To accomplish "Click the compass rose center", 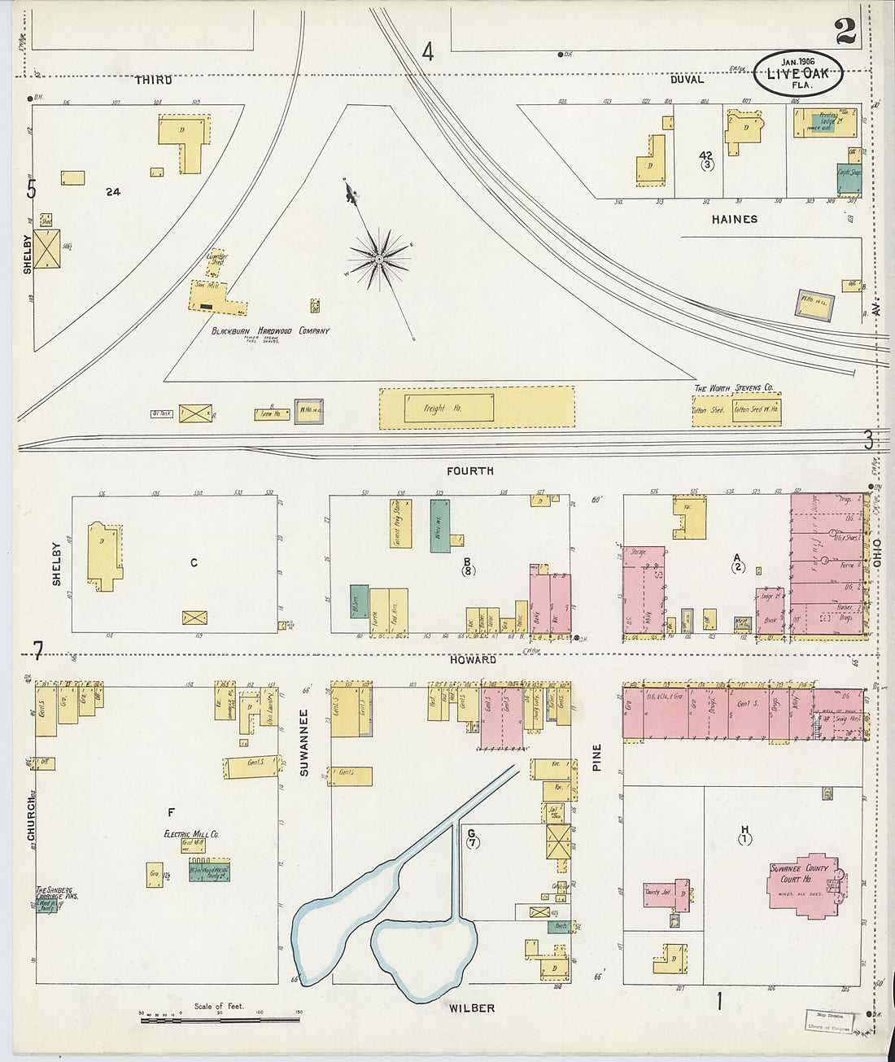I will point(378,259).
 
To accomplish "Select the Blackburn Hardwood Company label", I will point(270,331).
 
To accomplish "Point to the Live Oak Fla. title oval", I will point(797,73).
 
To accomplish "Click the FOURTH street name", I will point(469,471).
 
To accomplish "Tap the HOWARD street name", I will point(473,659).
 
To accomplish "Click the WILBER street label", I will point(472,1008).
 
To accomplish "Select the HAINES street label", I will point(734,219).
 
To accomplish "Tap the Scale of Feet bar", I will point(220,1019).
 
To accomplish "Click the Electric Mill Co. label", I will point(191,834).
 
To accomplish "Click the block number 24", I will point(113,192).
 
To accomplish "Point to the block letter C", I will point(194,562).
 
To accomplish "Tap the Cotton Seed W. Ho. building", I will point(756,409).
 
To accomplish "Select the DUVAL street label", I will point(687,80).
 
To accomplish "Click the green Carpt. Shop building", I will point(849,178).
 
